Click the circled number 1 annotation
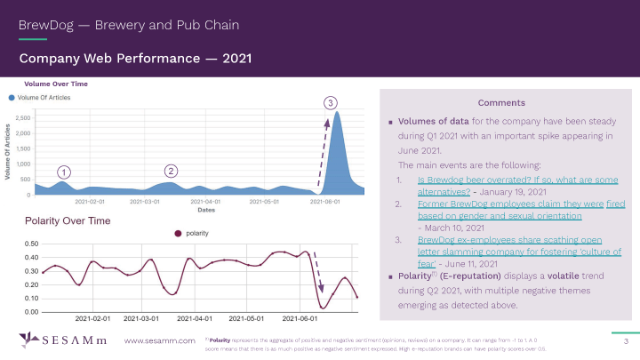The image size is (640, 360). (65, 172)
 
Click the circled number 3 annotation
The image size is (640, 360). (331, 104)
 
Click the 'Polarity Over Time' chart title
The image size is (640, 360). (68, 220)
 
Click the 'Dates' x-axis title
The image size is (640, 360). (205, 211)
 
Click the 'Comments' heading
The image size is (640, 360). (501, 102)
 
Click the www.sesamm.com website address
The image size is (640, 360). (159, 341)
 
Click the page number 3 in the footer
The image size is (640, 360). (626, 341)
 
